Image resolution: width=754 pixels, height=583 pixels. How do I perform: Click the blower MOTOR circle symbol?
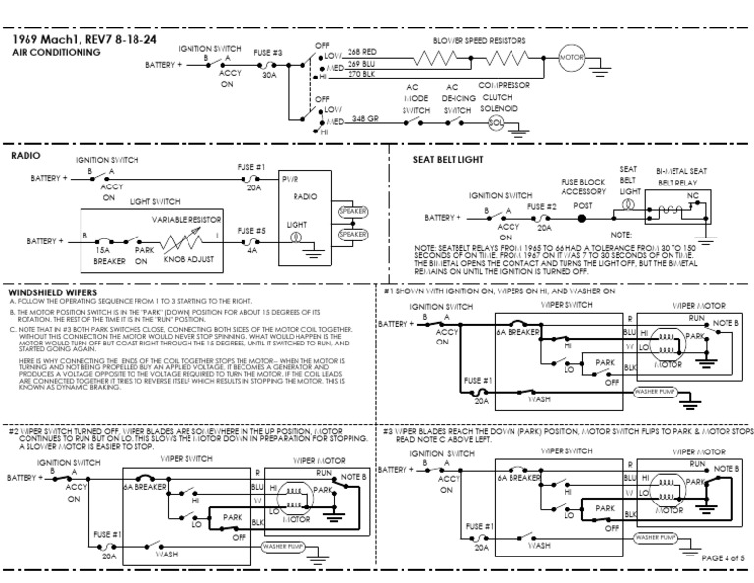click(x=571, y=58)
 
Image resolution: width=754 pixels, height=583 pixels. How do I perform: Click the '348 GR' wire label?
click(x=366, y=119)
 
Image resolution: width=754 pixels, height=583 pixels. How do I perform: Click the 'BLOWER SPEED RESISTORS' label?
click(x=480, y=41)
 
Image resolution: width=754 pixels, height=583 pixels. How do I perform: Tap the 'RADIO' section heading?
click(x=26, y=155)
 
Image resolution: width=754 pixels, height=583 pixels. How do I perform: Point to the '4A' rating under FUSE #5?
click(x=253, y=250)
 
